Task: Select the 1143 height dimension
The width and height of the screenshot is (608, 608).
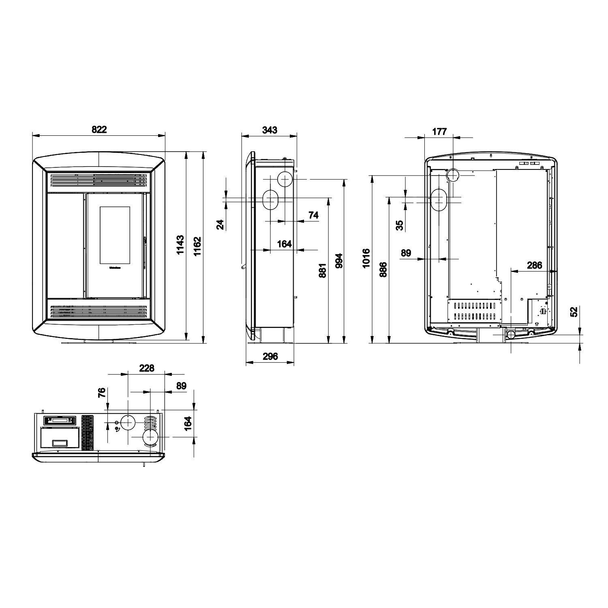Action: click(x=181, y=245)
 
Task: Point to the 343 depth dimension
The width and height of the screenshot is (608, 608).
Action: click(x=270, y=130)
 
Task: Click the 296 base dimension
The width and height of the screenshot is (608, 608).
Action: click(x=270, y=356)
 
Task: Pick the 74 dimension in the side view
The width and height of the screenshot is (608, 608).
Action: click(x=313, y=215)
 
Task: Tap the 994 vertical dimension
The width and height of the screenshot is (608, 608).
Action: click(x=339, y=261)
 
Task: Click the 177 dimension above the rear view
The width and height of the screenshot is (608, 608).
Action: click(x=439, y=131)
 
